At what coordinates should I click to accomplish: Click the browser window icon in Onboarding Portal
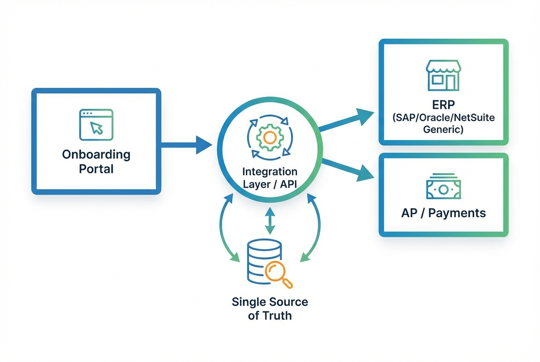click(96, 124)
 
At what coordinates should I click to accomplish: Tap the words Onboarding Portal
click(96, 161)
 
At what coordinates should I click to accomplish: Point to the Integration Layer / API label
click(269, 178)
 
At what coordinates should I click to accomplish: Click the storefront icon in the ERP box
click(443, 76)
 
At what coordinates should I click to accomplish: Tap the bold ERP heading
click(443, 105)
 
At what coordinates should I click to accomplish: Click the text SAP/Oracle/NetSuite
click(443, 117)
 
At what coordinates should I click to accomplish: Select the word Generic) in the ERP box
click(443, 129)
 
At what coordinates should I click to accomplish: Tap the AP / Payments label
click(443, 213)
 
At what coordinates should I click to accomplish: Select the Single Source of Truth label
click(270, 309)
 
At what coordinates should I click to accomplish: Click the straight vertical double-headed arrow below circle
click(269, 220)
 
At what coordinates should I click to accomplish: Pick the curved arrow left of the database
click(226, 228)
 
